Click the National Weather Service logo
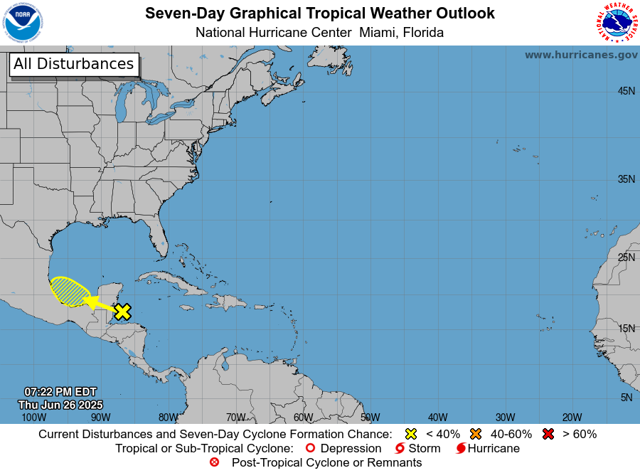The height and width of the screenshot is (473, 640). [616, 23]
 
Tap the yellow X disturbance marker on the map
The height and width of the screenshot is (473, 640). [123, 311]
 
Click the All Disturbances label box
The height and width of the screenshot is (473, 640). [73, 64]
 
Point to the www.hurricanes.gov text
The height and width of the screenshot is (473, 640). [581, 55]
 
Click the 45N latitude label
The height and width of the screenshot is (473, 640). [626, 91]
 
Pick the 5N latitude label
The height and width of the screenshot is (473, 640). [626, 398]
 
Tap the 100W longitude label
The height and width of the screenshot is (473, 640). [29, 418]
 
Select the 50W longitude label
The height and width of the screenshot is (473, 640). [370, 418]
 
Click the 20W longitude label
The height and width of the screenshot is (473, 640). [572, 418]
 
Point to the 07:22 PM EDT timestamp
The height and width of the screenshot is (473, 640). [60, 392]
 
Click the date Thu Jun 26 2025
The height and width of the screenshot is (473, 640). [60, 405]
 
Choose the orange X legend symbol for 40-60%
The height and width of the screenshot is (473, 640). [476, 434]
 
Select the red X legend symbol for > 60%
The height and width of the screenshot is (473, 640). [548, 434]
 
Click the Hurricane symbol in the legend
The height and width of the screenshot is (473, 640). [461, 449]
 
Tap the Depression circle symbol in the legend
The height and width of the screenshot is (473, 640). [309, 448]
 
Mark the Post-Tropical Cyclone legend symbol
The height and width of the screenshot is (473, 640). [214, 462]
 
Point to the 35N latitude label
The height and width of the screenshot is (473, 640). [626, 179]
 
